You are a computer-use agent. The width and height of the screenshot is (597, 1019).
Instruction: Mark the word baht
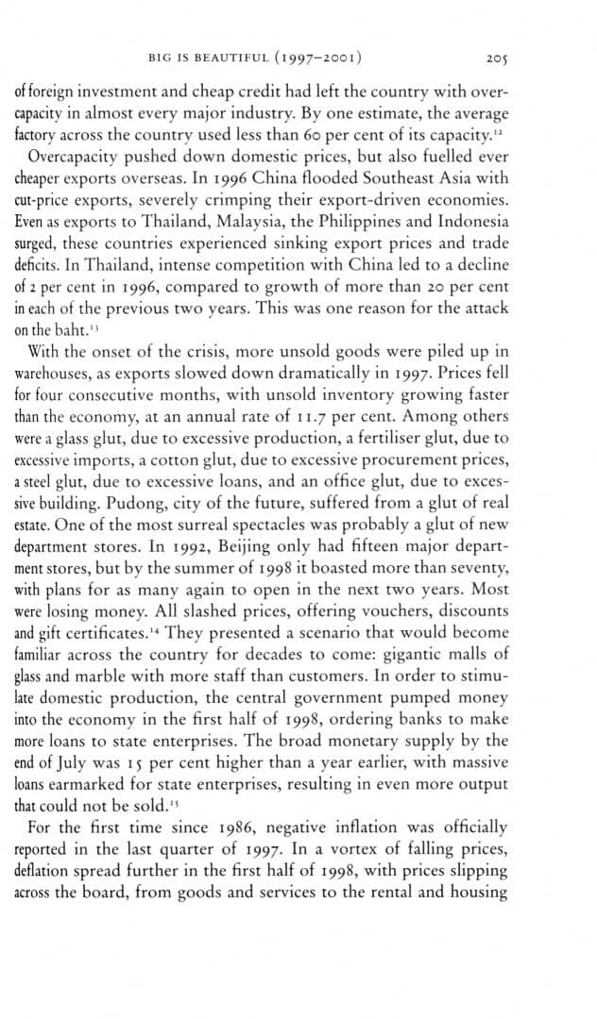(x=55, y=331)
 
